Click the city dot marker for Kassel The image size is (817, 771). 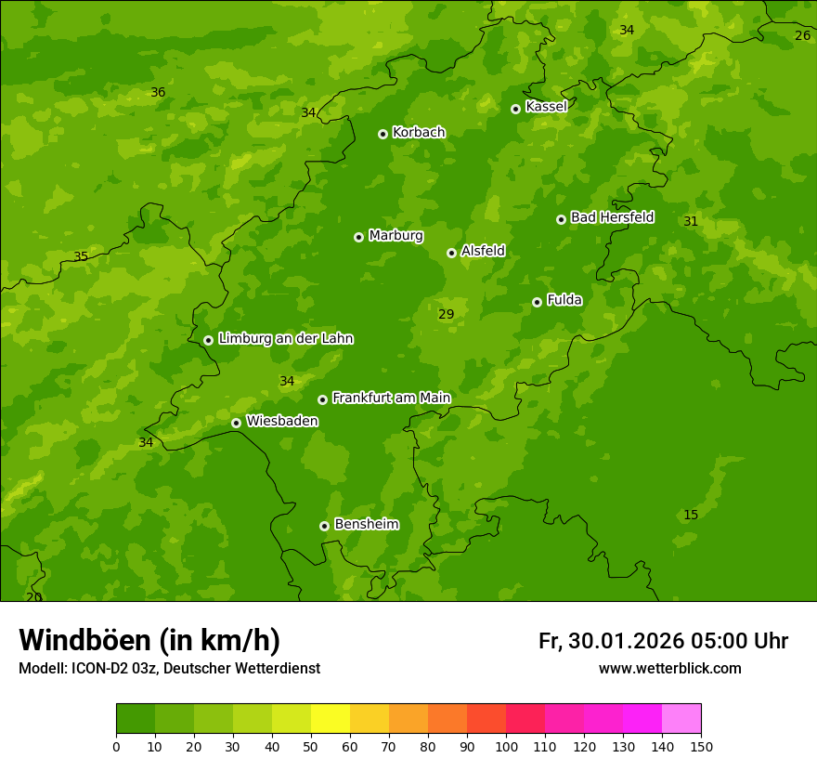click(515, 109)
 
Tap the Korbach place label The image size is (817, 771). click(419, 133)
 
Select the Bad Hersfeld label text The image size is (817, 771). click(612, 218)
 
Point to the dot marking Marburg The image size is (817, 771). click(358, 237)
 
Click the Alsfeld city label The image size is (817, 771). click(483, 251)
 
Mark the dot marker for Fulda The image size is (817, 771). click(537, 302)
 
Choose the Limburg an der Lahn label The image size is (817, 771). click(285, 339)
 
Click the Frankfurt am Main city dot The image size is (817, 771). click(322, 399)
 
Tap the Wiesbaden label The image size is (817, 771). click(282, 422)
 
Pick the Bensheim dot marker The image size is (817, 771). click(324, 526)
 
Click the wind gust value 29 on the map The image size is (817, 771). click(447, 315)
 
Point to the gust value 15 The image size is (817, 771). click(691, 516)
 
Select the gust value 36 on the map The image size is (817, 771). click(158, 93)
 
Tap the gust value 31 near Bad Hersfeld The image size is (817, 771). click(691, 222)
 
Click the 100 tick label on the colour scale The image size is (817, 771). click(506, 746)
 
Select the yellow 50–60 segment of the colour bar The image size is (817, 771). click(331, 719)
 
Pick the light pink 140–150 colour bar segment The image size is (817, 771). click(681, 719)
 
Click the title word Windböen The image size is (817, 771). click(84, 641)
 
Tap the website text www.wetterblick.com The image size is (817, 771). click(669, 669)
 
